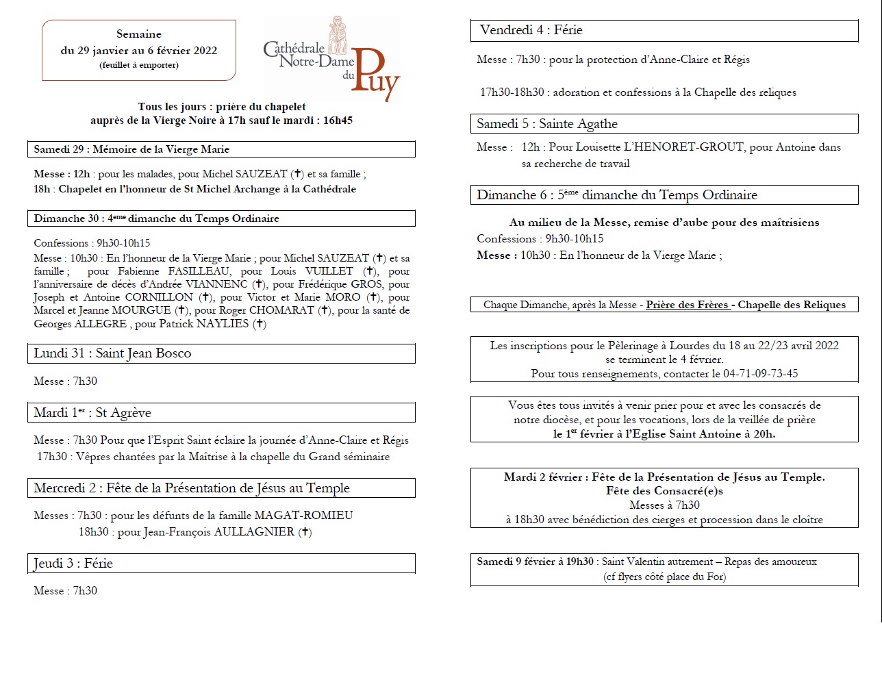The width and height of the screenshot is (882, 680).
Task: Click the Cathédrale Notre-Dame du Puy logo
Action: pos(331,59)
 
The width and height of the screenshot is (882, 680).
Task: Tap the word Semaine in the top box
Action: pos(139,34)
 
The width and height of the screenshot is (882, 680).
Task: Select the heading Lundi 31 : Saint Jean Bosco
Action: pos(112,353)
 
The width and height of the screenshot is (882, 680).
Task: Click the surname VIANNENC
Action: pos(216,284)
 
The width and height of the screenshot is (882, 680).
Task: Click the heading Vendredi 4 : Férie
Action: pos(531,30)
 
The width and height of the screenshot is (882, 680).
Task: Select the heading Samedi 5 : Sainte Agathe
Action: pos(547,124)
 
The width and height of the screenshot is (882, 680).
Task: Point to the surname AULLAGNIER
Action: pos(254,532)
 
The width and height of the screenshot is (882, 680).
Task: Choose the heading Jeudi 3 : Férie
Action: pos(73,564)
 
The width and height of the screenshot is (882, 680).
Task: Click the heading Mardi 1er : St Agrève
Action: pos(92,413)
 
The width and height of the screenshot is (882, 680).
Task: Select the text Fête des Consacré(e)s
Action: pos(664,491)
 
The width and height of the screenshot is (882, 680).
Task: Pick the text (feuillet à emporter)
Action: pos(139,65)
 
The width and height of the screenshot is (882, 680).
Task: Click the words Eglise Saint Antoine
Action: pos(692,434)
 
